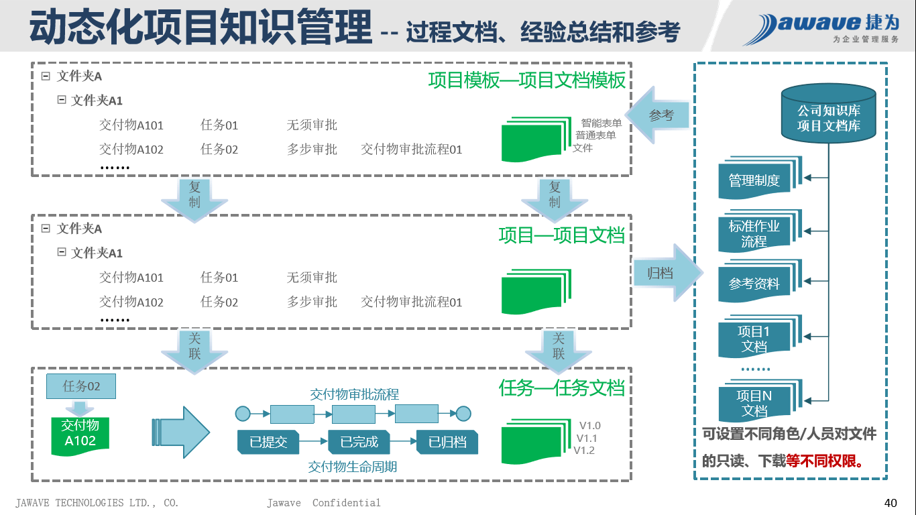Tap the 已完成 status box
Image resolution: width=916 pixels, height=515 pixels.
click(x=359, y=442)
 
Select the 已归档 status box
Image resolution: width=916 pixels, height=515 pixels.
click(x=447, y=442)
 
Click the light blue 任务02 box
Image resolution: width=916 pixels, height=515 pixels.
click(x=81, y=386)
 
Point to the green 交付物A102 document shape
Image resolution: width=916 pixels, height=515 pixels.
click(x=80, y=434)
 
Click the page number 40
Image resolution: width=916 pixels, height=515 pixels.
click(x=891, y=503)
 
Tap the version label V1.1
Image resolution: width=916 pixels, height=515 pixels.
click(x=587, y=438)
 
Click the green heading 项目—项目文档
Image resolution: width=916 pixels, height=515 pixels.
click(x=561, y=235)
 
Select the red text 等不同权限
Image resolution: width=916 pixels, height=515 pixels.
click(x=824, y=461)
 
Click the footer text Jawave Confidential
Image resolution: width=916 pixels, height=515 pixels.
click(x=323, y=503)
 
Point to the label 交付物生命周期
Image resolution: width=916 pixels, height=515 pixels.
click(x=352, y=467)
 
